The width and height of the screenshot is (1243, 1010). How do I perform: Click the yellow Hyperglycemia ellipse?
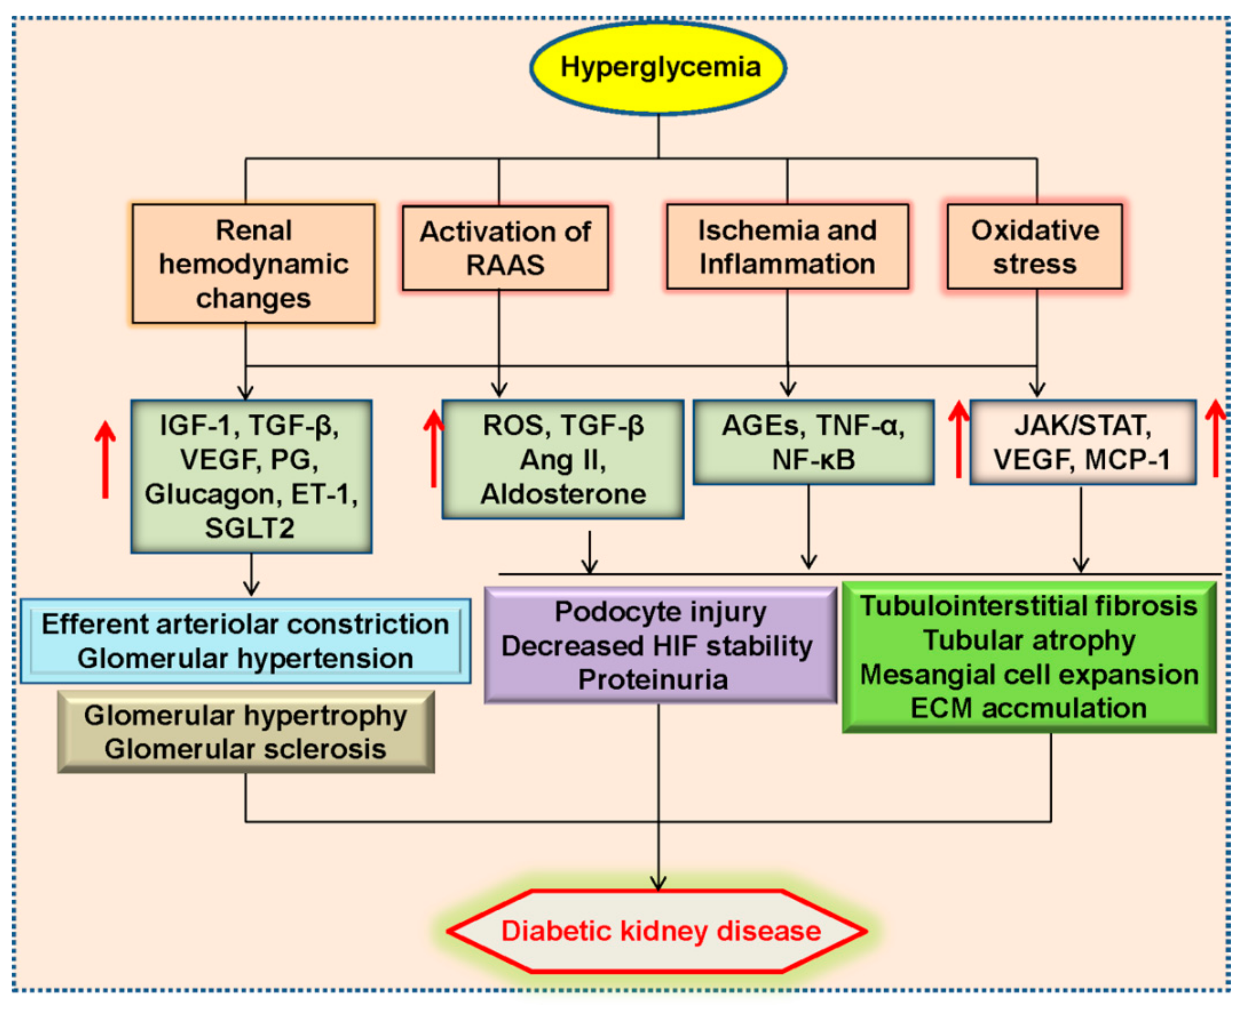pyautogui.click(x=658, y=68)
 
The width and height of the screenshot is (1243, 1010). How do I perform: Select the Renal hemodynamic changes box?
pyautogui.click(x=253, y=264)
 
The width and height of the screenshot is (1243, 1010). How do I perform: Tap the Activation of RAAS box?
pyautogui.click(x=505, y=248)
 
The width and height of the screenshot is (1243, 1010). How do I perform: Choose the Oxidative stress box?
pyautogui.click(x=1035, y=247)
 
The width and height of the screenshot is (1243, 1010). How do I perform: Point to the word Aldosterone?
pyautogui.click(x=563, y=494)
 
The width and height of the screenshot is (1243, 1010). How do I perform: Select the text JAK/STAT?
pyautogui.click(x=1083, y=425)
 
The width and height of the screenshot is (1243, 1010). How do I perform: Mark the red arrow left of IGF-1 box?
pyautogui.click(x=105, y=459)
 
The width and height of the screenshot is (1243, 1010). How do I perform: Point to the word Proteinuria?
pyautogui.click(x=653, y=679)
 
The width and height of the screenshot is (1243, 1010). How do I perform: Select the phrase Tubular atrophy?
pyautogui.click(x=1029, y=640)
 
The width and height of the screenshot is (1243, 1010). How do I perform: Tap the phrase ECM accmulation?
pyautogui.click(x=1029, y=708)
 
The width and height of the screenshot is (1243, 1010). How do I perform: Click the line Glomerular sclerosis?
pyautogui.click(x=245, y=749)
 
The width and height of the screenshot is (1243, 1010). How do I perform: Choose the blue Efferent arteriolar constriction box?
pyautogui.click(x=245, y=641)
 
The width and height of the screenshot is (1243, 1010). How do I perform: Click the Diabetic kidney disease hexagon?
pyautogui.click(x=658, y=931)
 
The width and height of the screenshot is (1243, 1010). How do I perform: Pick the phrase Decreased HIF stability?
pyautogui.click(x=657, y=646)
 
